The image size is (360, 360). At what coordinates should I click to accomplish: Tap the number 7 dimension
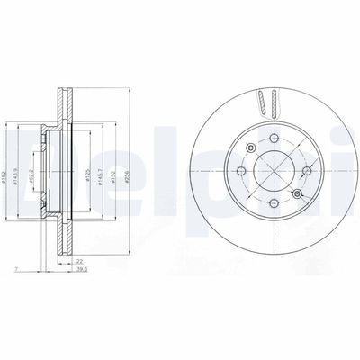pyautogui.click(x=16, y=269)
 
